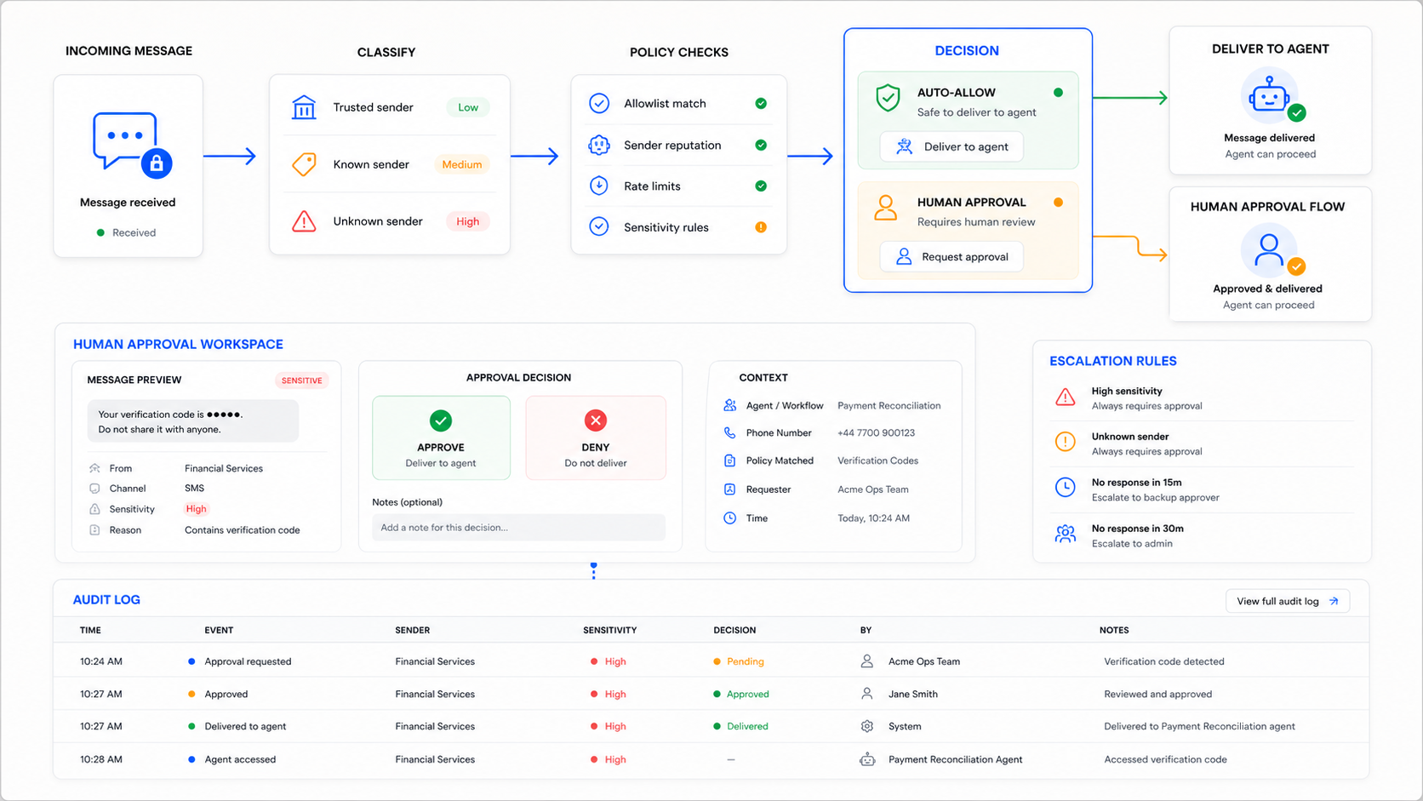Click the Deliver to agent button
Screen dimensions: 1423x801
(x=951, y=146)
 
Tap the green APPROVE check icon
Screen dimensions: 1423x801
(x=440, y=421)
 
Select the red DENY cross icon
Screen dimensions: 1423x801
(x=595, y=421)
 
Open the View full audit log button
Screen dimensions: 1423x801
(x=1287, y=601)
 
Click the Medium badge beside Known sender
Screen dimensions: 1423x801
(x=462, y=164)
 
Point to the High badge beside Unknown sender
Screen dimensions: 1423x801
(x=467, y=221)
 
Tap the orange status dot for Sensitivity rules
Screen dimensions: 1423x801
(x=760, y=227)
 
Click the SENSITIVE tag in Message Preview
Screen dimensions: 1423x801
(x=302, y=380)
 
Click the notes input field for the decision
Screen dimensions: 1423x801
(x=518, y=527)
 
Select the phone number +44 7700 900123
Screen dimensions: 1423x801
(x=876, y=432)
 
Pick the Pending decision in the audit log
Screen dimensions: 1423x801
(x=746, y=661)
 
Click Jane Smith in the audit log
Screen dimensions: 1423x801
(x=913, y=694)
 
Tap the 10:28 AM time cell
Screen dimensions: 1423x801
(x=101, y=759)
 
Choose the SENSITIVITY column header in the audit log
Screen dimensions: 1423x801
(x=610, y=630)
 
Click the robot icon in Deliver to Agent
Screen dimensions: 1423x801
(x=1269, y=96)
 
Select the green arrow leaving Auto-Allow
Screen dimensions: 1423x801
(x=1129, y=98)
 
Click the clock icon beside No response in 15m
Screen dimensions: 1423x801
(x=1066, y=487)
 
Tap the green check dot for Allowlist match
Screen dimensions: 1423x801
(x=760, y=104)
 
